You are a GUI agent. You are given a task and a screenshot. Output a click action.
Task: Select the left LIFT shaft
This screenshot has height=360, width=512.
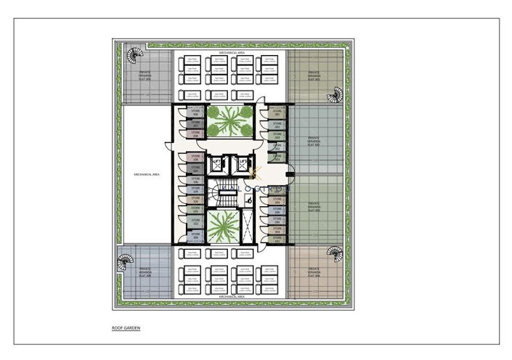click(x=216, y=163)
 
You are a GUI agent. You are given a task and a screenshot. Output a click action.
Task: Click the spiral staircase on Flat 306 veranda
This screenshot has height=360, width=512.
click(x=134, y=56)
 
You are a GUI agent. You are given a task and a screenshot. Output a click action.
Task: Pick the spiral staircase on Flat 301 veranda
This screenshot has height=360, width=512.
click(x=336, y=94)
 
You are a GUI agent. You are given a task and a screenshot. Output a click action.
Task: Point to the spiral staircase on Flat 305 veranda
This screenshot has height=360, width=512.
click(x=126, y=258)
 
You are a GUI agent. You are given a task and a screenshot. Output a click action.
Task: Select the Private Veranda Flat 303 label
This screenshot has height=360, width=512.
click(x=314, y=205)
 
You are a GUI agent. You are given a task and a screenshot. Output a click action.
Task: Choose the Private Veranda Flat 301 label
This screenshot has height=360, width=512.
click(x=314, y=75)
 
